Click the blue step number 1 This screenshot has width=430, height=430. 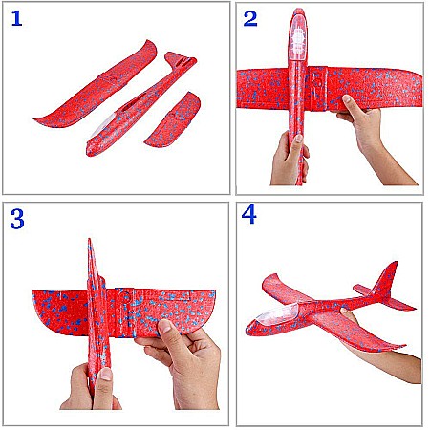click(16, 18)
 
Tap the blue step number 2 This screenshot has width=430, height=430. click(250, 18)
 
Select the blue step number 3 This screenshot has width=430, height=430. click(17, 219)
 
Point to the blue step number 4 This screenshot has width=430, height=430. click(249, 214)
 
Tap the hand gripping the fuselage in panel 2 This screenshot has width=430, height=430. click(290, 160)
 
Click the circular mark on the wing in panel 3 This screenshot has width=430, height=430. click(123, 298)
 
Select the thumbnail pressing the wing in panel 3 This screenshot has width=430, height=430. click(164, 327)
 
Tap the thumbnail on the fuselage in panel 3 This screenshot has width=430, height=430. click(106, 375)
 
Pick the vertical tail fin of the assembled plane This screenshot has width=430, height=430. click(386, 279)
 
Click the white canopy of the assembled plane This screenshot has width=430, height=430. click(278, 314)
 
